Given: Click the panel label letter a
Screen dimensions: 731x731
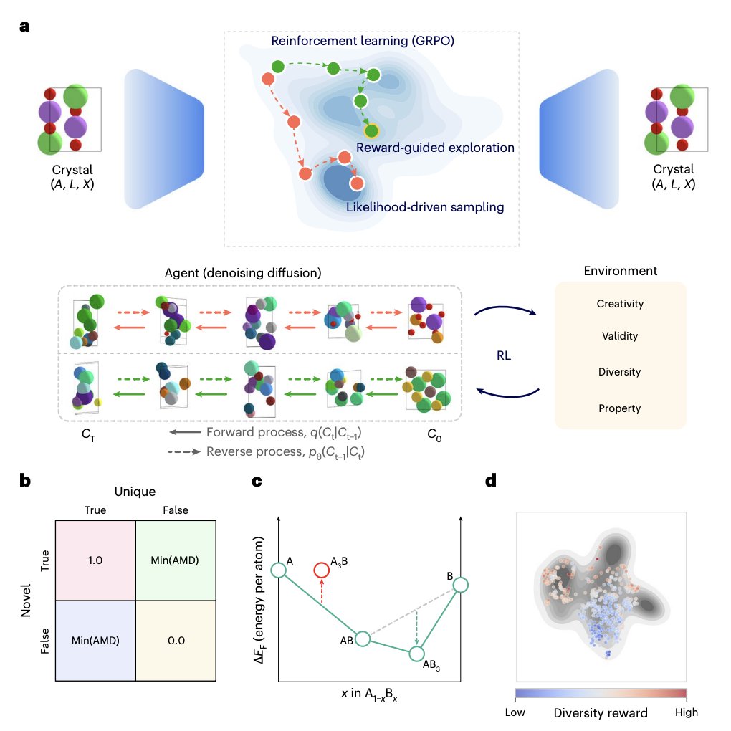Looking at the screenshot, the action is pyautogui.click(x=24, y=26).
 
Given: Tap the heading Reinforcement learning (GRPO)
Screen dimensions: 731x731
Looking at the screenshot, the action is pyautogui.click(x=363, y=41).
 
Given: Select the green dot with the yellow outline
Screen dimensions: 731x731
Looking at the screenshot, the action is pyautogui.click(x=371, y=131).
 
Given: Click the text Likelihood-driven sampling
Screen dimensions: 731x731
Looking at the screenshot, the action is pyautogui.click(x=425, y=207).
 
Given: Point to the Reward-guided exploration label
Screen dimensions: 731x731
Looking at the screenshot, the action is pyautogui.click(x=435, y=148).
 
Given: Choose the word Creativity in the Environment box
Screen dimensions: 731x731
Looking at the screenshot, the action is pyautogui.click(x=620, y=304).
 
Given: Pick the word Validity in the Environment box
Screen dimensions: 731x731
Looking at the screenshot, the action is pyautogui.click(x=620, y=336).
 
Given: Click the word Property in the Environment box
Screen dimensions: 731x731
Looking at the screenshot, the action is pyautogui.click(x=620, y=408).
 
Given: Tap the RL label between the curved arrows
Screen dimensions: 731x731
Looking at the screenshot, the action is pyautogui.click(x=504, y=355).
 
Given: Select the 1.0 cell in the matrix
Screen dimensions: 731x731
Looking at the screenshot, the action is pyautogui.click(x=95, y=560).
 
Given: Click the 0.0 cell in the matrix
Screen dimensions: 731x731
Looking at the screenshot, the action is pyautogui.click(x=176, y=641).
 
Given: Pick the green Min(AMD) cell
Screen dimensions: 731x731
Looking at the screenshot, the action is pyautogui.click(x=176, y=560).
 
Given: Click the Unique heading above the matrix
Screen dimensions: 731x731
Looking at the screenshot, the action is pyautogui.click(x=135, y=492).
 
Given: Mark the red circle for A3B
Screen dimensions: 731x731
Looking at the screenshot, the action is pyautogui.click(x=322, y=570).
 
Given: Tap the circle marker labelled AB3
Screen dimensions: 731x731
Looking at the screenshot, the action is pyautogui.click(x=417, y=654).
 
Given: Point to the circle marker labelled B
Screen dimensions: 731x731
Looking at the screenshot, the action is pyautogui.click(x=461, y=585).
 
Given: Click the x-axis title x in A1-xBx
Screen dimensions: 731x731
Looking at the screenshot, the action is pyautogui.click(x=369, y=694).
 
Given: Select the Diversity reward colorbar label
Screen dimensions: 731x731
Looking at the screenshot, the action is pyautogui.click(x=601, y=713).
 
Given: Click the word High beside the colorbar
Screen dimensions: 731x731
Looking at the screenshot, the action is pyautogui.click(x=687, y=712).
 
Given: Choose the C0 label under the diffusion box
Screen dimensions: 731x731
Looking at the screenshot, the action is pyautogui.click(x=434, y=435).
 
